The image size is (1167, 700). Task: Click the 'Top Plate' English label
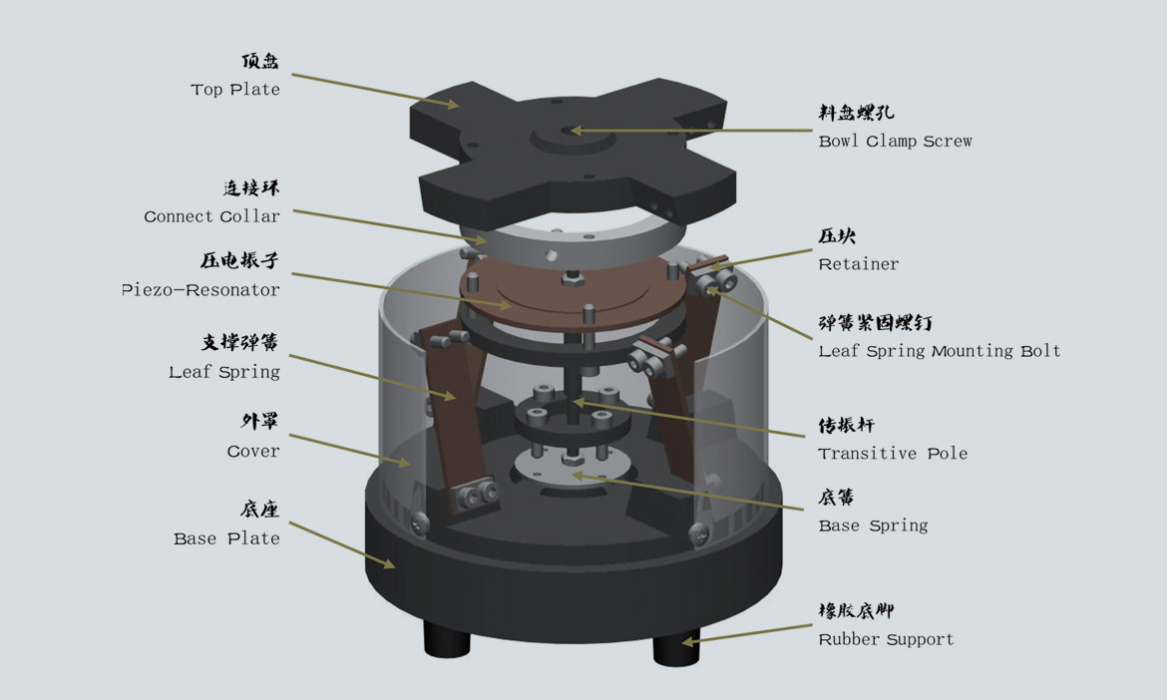(x=235, y=90)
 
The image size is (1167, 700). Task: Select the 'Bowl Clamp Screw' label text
(x=895, y=141)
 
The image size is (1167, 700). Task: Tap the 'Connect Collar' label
(x=212, y=216)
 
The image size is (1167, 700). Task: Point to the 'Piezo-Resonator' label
(x=200, y=290)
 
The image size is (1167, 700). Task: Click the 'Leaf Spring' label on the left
(x=224, y=372)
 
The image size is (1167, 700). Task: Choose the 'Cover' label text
(x=253, y=452)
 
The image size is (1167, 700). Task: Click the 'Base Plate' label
(x=226, y=538)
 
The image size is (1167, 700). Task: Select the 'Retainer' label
(x=858, y=264)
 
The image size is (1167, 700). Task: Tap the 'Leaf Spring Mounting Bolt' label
(x=940, y=351)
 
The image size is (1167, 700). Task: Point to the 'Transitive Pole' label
(x=893, y=453)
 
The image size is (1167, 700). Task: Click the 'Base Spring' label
(x=873, y=525)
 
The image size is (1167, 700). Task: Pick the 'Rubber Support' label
(x=886, y=639)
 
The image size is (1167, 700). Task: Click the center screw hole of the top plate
(x=570, y=132)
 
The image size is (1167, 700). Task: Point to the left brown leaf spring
(x=454, y=417)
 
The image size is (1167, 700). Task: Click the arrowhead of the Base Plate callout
(x=389, y=563)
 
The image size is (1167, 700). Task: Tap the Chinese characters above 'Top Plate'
(x=259, y=61)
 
